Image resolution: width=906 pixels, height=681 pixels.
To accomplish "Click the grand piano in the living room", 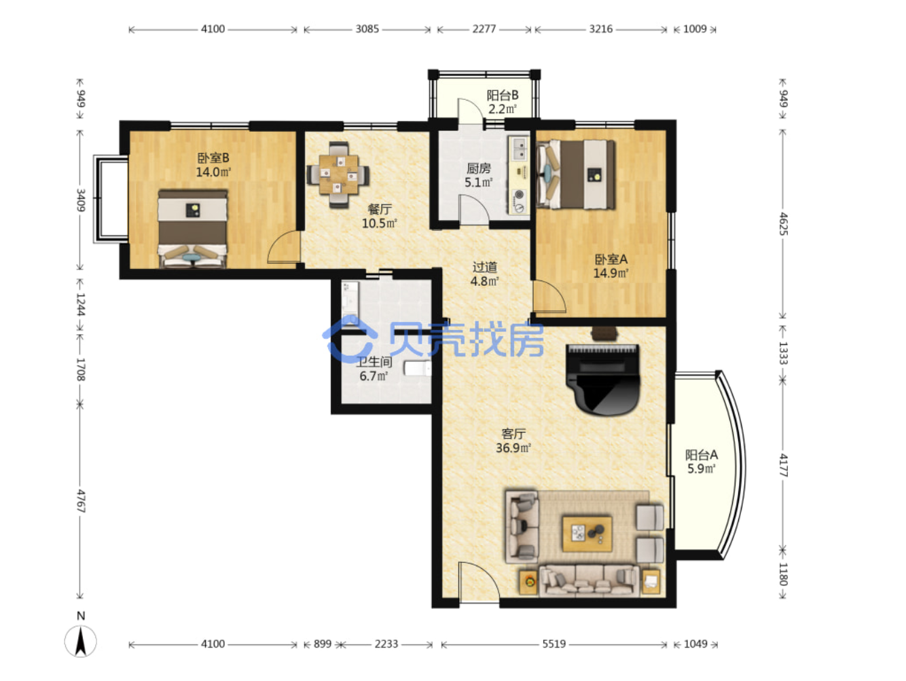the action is tap(603, 379).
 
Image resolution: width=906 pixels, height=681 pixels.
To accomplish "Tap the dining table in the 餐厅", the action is tap(338, 174).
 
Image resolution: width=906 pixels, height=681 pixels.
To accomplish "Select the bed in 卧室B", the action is tap(192, 229).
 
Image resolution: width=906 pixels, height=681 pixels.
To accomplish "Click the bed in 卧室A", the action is tap(576, 174).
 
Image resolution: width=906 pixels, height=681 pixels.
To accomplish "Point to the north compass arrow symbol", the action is tap(81, 641).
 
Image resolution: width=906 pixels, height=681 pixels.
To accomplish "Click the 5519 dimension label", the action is tap(554, 644).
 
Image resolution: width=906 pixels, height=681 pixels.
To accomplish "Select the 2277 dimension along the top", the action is tap(484, 29).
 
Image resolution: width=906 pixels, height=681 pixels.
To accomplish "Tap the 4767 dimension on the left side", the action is tap(81, 501).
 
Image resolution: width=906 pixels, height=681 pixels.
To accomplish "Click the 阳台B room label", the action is tap(502, 95).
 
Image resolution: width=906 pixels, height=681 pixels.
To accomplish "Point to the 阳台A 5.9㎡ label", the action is tap(702, 462).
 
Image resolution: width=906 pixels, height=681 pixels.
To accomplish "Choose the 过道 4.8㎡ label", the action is tap(484, 274).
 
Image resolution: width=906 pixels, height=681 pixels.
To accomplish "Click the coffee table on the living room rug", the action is tap(587, 533).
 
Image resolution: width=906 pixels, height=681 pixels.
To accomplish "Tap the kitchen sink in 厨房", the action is tap(520, 149).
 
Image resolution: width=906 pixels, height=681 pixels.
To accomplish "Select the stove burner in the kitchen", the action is tap(519, 195).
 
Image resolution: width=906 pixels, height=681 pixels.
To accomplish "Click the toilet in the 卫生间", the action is tap(417, 369).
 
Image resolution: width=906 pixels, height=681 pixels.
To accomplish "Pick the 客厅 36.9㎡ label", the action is tap(513, 441).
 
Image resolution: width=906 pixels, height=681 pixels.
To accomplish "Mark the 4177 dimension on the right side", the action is tap(783, 465).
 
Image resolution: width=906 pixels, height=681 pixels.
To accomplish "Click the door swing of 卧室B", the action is tap(283, 246).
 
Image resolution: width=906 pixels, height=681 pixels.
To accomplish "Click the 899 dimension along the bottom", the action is tap(322, 644).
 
